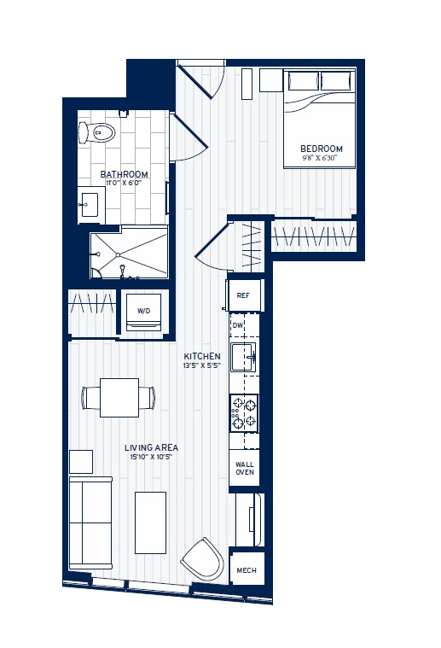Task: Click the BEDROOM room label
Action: click(322, 149)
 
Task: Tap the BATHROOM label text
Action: click(125, 174)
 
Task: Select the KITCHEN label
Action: click(203, 356)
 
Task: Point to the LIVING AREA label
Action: click(151, 447)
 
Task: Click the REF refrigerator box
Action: click(243, 295)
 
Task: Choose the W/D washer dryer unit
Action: click(143, 311)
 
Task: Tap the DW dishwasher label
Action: click(238, 325)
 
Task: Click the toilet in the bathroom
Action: click(97, 132)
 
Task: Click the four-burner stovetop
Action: click(244, 413)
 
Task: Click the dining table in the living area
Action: click(119, 398)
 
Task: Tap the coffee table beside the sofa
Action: click(151, 522)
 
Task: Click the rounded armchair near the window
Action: click(203, 560)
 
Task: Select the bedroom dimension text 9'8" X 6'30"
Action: click(322, 158)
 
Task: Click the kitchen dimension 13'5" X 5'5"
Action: click(203, 365)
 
